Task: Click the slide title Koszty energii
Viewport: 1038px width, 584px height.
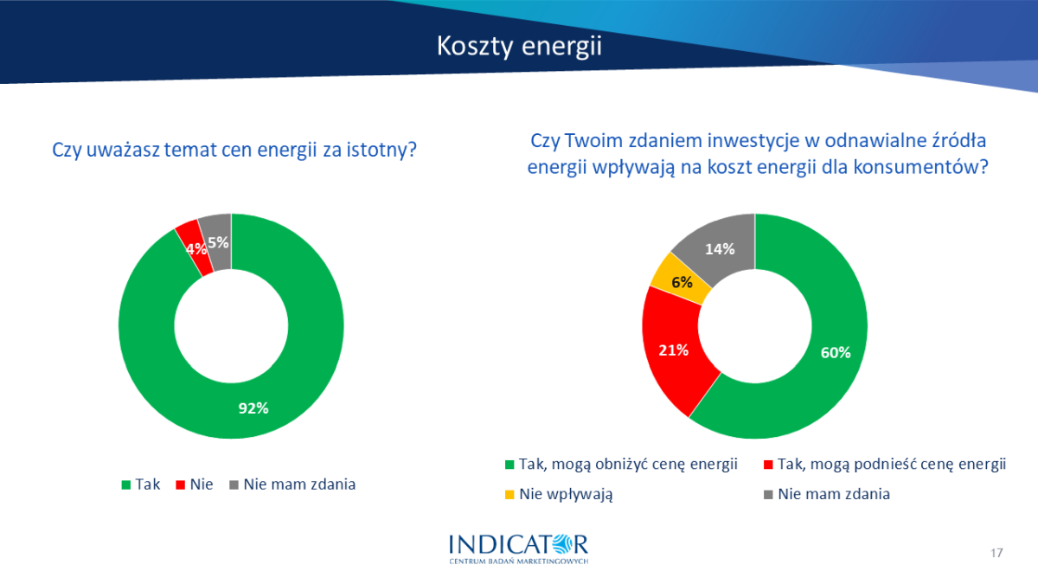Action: coord(519,47)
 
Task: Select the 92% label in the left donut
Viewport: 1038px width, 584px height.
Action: coord(253,408)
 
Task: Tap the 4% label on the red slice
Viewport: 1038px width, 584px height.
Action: coord(196,249)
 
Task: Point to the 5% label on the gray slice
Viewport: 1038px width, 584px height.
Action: coord(218,242)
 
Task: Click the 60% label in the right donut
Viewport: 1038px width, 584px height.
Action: coord(836,353)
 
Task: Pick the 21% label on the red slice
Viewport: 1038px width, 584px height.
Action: coord(673,350)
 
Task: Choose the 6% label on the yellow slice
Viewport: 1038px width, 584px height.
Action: coord(682,282)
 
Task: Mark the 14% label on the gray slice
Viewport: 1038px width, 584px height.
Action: coord(720,249)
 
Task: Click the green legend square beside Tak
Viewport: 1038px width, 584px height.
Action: coord(125,485)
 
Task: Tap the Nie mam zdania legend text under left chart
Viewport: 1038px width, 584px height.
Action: coord(299,485)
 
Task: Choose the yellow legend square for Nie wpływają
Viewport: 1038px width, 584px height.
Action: coord(509,495)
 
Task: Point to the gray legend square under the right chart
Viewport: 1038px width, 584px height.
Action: coord(768,495)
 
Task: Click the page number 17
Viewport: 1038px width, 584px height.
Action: coord(996,553)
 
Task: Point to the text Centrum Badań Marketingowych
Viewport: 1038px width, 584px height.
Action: coord(518,562)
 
